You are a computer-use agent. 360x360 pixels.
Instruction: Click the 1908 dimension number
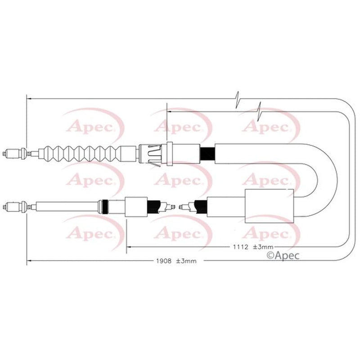point(164,261)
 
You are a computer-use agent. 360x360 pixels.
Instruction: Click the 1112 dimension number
point(241,247)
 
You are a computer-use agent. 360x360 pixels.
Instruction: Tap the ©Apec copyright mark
point(283,255)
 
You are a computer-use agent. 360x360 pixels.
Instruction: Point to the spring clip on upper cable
point(154,154)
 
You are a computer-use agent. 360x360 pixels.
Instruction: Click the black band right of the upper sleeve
point(207,154)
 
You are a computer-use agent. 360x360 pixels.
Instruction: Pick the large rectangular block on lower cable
point(269,206)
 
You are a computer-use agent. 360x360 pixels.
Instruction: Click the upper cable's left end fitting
point(15,153)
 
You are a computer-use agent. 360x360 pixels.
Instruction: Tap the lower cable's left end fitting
point(15,207)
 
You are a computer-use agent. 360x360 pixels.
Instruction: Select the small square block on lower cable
point(136,207)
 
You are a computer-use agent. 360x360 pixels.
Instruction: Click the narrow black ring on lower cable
point(105,207)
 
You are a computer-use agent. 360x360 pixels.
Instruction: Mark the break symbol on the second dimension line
point(260,112)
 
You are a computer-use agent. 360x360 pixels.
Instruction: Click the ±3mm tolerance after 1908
point(186,261)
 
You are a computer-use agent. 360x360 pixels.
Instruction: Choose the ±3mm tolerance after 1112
point(263,247)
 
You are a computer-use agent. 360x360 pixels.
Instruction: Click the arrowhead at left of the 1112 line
point(129,247)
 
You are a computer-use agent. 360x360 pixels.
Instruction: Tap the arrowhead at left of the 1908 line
point(29,261)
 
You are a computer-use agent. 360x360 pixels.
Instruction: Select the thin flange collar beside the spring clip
point(170,153)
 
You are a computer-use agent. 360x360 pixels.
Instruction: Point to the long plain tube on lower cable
point(67,207)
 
